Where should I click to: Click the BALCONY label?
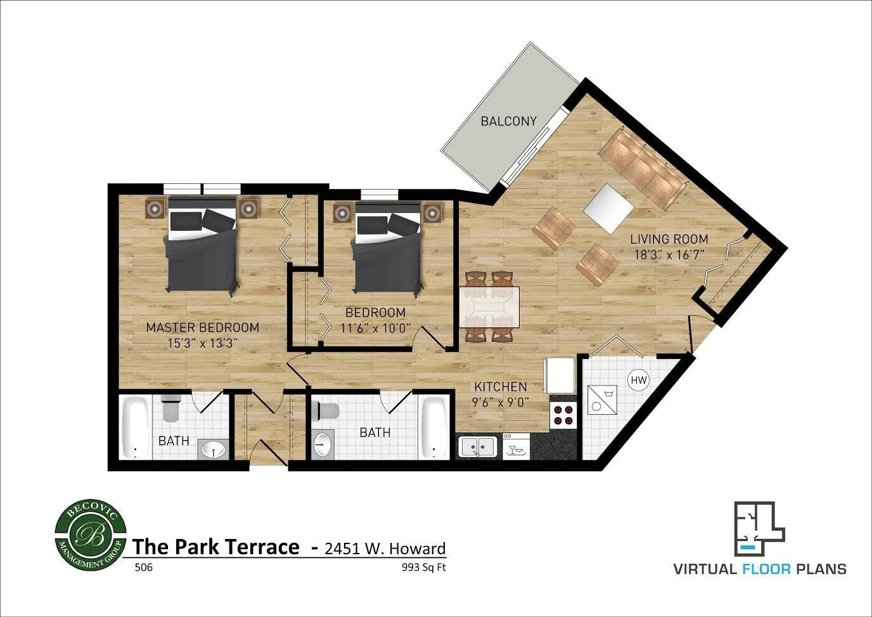coord(508,121)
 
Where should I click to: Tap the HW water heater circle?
coord(638,380)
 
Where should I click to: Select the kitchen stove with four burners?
coord(563,414)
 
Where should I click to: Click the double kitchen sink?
coord(478,446)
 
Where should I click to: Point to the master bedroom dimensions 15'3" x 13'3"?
coord(202,343)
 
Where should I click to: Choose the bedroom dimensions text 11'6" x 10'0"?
coord(375,328)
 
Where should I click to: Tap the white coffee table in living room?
coord(608,207)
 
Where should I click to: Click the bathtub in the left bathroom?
coord(135,427)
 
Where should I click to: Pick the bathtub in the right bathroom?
coord(434,427)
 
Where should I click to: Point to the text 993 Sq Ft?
coord(423,568)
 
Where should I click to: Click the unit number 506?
coord(143,568)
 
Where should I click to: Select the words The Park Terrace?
coord(215,547)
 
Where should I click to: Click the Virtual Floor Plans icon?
coord(759,526)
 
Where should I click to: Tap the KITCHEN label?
coord(500,387)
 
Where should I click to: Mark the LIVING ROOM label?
coord(669,239)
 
